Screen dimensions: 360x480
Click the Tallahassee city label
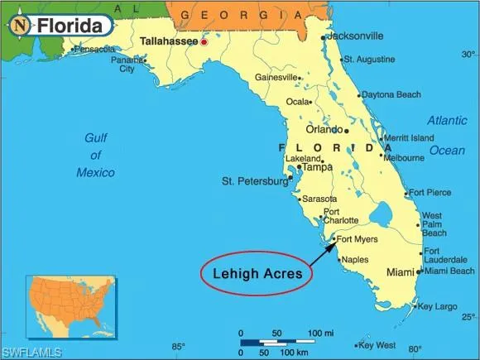169,40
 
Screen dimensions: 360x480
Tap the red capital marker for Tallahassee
204,41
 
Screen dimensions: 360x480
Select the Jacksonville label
355,36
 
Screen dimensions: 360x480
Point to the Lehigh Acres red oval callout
257,272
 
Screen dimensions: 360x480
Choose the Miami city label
401,272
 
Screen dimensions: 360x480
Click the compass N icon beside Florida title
20,25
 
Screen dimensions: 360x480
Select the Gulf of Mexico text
96,155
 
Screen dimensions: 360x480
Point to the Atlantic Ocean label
447,135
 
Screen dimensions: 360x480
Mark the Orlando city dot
347,130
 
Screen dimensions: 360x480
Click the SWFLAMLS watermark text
31,353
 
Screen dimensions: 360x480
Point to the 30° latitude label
468,55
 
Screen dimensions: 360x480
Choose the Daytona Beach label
391,94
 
